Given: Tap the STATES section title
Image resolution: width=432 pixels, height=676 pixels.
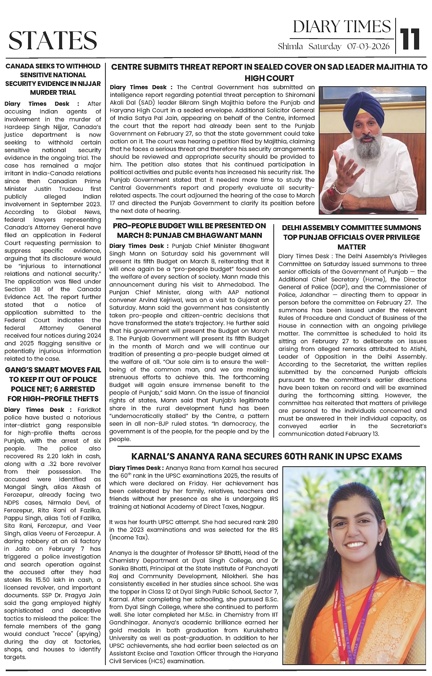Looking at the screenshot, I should [x=53, y=40].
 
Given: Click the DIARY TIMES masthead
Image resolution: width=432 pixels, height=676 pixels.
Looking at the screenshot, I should [x=341, y=26].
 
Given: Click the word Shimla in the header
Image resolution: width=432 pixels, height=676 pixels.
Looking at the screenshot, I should [x=290, y=47].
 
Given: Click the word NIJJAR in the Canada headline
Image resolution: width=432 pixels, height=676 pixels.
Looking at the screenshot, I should [x=88, y=84].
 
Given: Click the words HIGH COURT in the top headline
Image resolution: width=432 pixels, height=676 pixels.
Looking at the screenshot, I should [x=269, y=78].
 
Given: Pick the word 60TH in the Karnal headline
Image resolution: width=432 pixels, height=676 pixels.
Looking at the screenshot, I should [x=299, y=456].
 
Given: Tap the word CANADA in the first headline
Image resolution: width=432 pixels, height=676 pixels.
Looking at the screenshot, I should [x=19, y=66].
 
